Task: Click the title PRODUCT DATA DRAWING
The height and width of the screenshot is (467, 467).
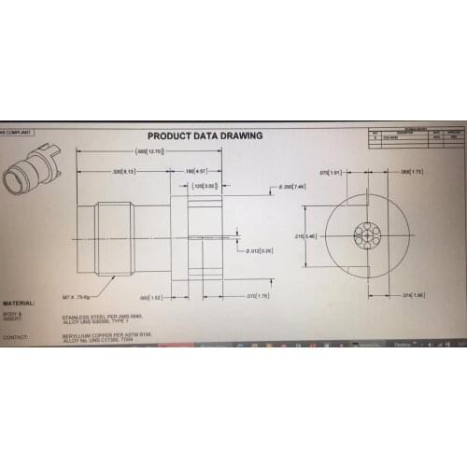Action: [205, 135]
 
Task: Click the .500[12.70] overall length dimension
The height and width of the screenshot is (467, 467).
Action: [149, 150]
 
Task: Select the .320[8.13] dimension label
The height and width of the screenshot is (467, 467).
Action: [124, 172]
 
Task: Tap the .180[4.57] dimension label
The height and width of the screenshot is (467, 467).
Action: [196, 172]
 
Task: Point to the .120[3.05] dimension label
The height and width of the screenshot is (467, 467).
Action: [205, 186]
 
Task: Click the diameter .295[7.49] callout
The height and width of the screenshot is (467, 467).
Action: [293, 187]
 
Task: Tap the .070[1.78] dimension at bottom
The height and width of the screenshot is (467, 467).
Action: [258, 296]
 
